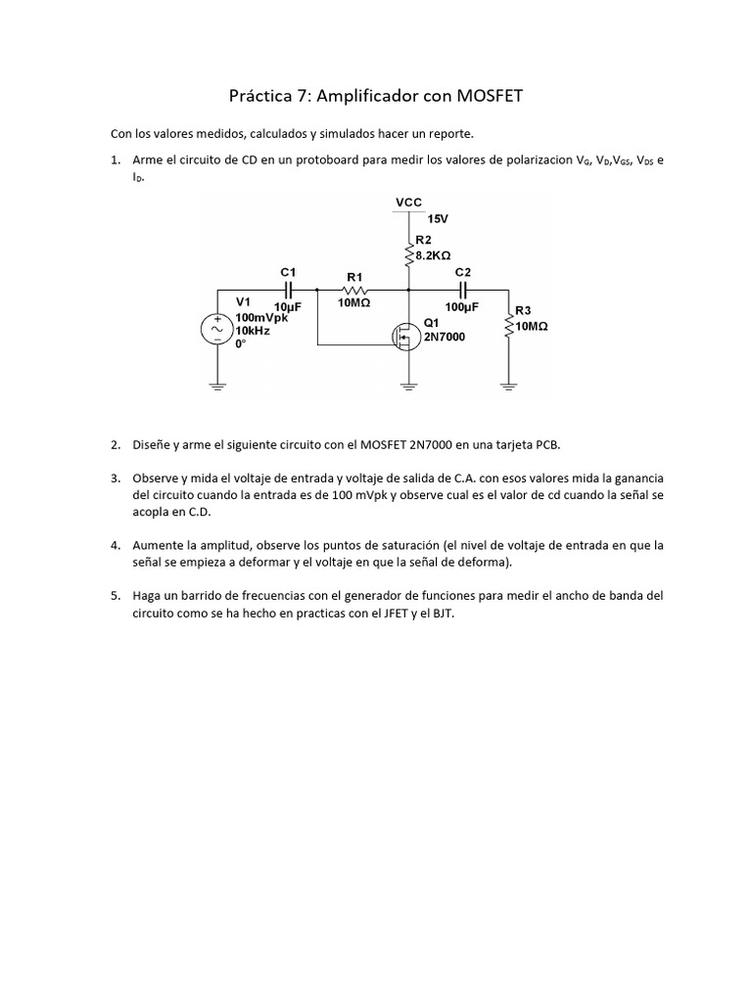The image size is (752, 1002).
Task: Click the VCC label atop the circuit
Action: [x=408, y=203]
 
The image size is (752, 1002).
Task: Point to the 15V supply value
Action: [x=438, y=219]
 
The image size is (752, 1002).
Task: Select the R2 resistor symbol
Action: [x=409, y=256]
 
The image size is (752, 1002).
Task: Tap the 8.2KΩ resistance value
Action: [x=439, y=252]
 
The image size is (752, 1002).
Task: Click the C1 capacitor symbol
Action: [x=289, y=290]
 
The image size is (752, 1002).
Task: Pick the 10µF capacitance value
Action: [x=288, y=306]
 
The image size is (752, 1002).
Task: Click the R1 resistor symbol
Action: [x=353, y=290]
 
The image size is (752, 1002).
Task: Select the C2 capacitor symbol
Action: [x=462, y=290]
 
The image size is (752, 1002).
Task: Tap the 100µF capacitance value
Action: [x=461, y=306]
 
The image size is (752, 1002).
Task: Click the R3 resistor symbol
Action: [x=508, y=324]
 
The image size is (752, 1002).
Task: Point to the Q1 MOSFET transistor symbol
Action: [x=401, y=338]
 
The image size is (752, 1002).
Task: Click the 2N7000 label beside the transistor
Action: [x=445, y=337]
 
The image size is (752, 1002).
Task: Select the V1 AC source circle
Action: [x=216, y=331]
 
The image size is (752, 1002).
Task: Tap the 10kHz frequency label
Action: [x=253, y=331]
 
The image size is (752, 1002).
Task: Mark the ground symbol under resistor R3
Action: [x=508, y=384]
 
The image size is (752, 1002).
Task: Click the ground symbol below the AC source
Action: [x=216, y=384]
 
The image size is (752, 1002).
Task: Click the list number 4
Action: [x=115, y=545]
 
